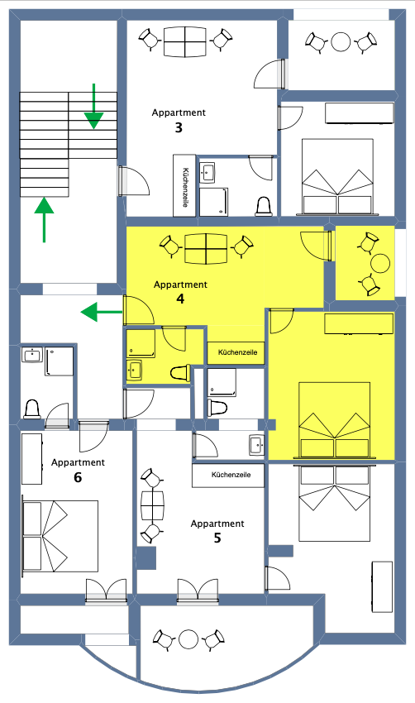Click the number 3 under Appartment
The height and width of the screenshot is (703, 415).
[x=179, y=127]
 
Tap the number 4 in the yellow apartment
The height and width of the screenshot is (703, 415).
[x=180, y=299]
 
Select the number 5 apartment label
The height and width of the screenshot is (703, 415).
[x=217, y=538]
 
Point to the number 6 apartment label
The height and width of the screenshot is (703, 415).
[x=78, y=477]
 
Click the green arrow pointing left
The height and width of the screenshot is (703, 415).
[x=102, y=312]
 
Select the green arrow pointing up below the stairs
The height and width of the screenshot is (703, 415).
[x=44, y=220]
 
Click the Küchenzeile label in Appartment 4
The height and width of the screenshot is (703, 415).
[x=237, y=352]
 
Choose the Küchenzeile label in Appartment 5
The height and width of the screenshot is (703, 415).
[x=231, y=475]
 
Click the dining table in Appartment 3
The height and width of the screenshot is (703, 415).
[x=184, y=41]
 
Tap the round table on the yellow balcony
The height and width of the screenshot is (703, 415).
[x=381, y=264]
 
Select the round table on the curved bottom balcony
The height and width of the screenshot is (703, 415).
[x=188, y=639]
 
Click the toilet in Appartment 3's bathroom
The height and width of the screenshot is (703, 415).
[x=264, y=206]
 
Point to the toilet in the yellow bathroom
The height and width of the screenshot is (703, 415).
[x=180, y=374]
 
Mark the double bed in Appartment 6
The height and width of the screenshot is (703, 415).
[x=60, y=536]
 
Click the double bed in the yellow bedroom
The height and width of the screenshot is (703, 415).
[x=334, y=420]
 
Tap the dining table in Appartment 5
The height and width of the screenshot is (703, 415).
[x=152, y=506]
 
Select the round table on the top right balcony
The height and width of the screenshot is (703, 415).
[x=341, y=42]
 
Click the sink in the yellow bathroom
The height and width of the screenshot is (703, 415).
[x=134, y=371]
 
